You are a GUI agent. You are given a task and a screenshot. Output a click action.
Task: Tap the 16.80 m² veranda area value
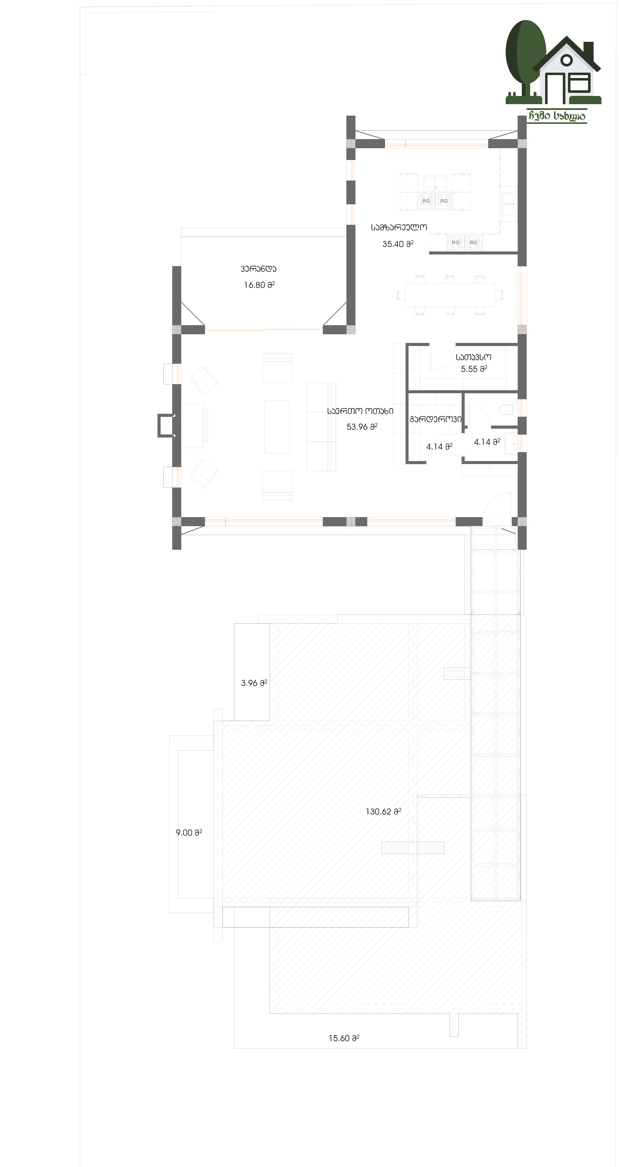click(x=259, y=285)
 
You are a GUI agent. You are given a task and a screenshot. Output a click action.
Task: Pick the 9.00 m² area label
click(x=189, y=833)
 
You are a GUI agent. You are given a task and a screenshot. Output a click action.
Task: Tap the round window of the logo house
click(x=566, y=60)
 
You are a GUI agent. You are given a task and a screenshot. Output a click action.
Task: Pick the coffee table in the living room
click(x=277, y=426)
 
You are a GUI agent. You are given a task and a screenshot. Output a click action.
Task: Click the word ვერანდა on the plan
click(x=259, y=269)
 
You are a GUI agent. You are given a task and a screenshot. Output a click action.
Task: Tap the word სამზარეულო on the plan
click(x=399, y=227)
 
